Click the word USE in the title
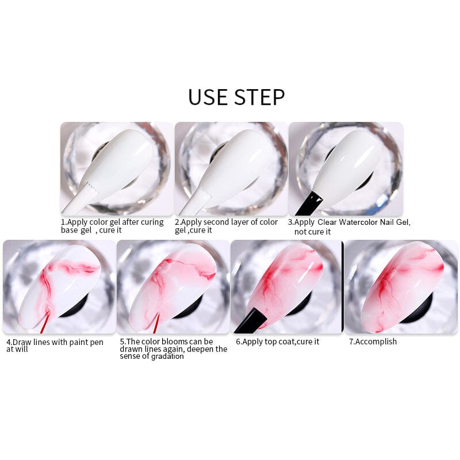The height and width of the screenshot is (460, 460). tap(208, 97)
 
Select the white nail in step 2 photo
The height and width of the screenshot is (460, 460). tap(233, 164)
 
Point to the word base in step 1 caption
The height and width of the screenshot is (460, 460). tap(70, 230)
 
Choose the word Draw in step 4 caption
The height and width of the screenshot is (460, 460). tap(23, 342)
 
